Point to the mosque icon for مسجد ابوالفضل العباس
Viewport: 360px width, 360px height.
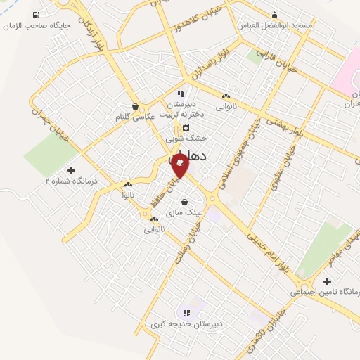pyautogui.click(x=274, y=13)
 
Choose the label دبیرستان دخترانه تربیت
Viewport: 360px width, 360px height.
pyautogui.click(x=181, y=108)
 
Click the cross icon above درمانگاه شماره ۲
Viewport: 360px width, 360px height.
pyautogui.click(x=71, y=170)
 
